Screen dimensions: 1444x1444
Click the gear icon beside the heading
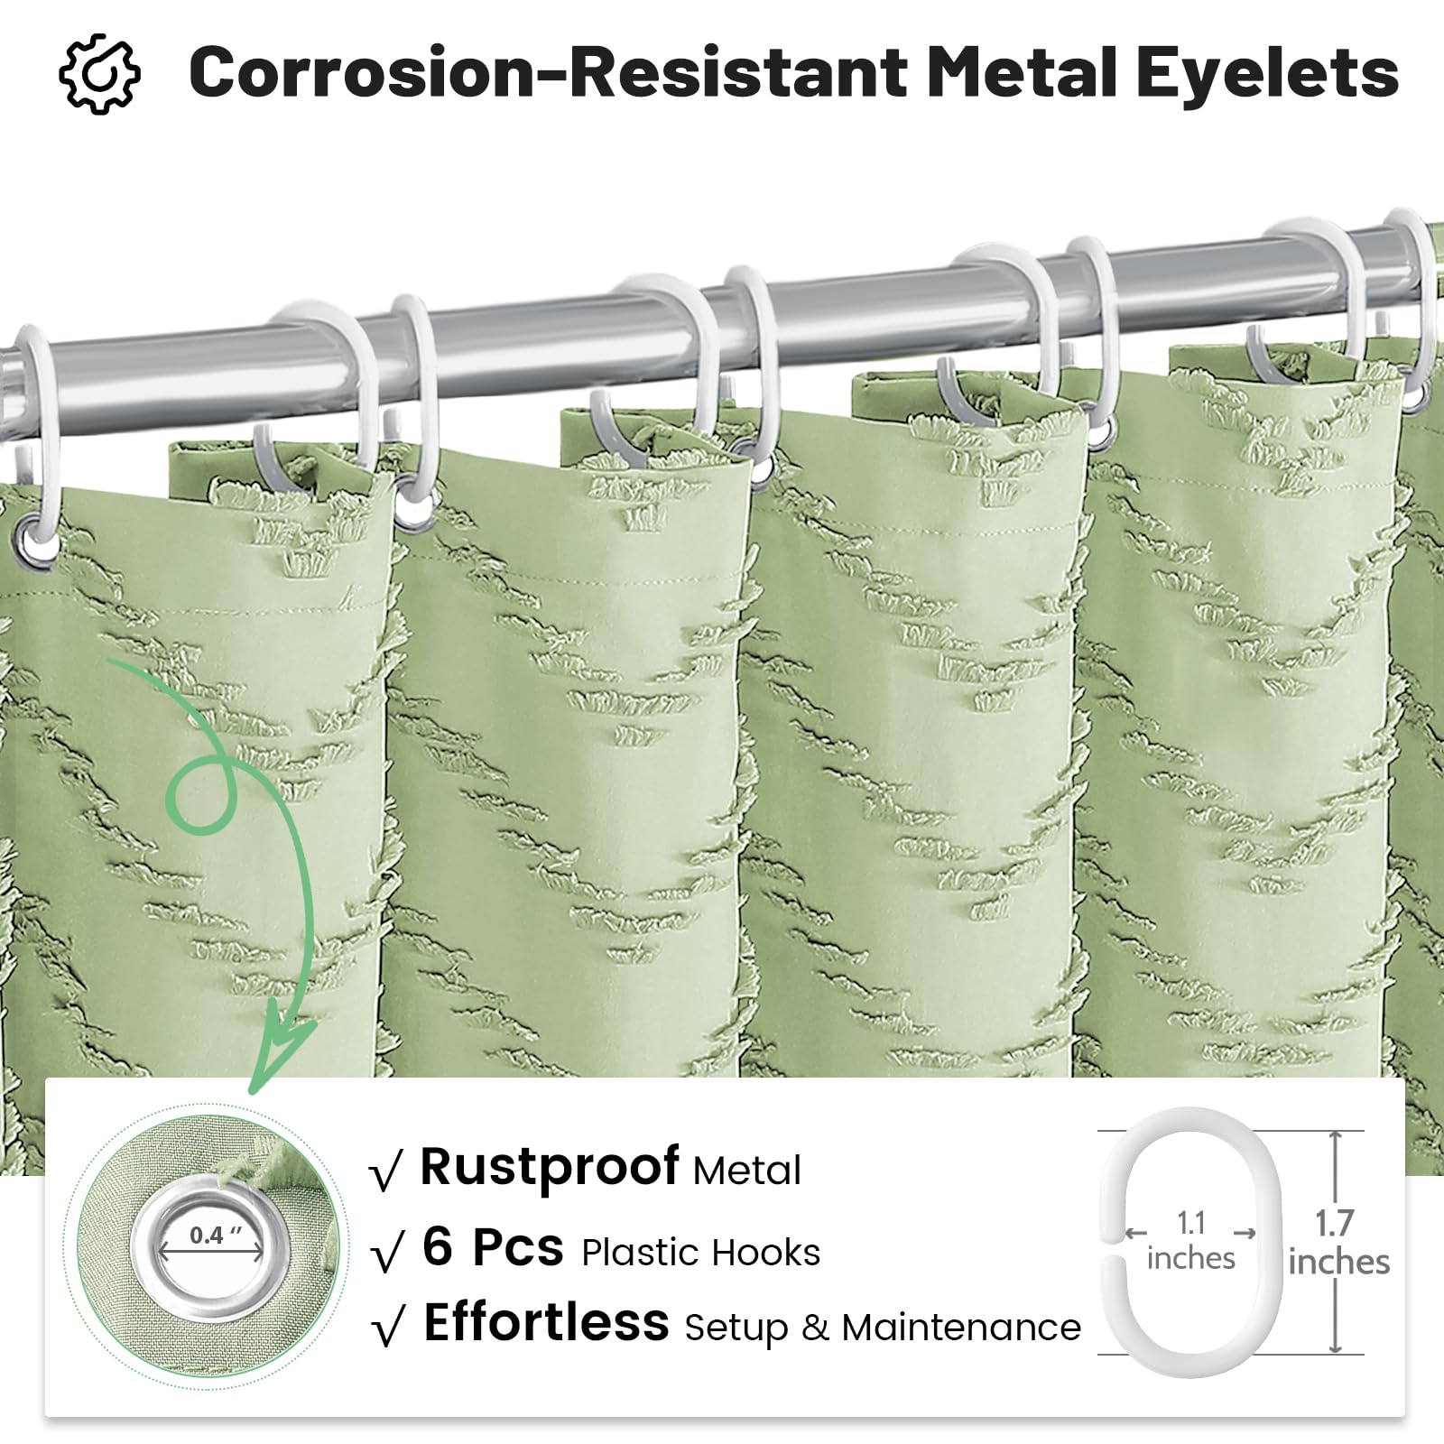click(99, 73)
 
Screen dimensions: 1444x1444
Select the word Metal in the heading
click(1023, 71)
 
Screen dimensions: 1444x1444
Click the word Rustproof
click(550, 1168)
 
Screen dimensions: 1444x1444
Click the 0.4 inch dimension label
click(216, 1235)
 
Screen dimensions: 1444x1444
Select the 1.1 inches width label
click(1191, 1241)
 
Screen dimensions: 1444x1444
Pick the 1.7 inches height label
click(1338, 1243)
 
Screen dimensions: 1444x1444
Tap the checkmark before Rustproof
click(386, 1173)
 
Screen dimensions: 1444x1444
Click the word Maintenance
click(961, 1328)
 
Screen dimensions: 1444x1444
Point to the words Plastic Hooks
click(701, 1252)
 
